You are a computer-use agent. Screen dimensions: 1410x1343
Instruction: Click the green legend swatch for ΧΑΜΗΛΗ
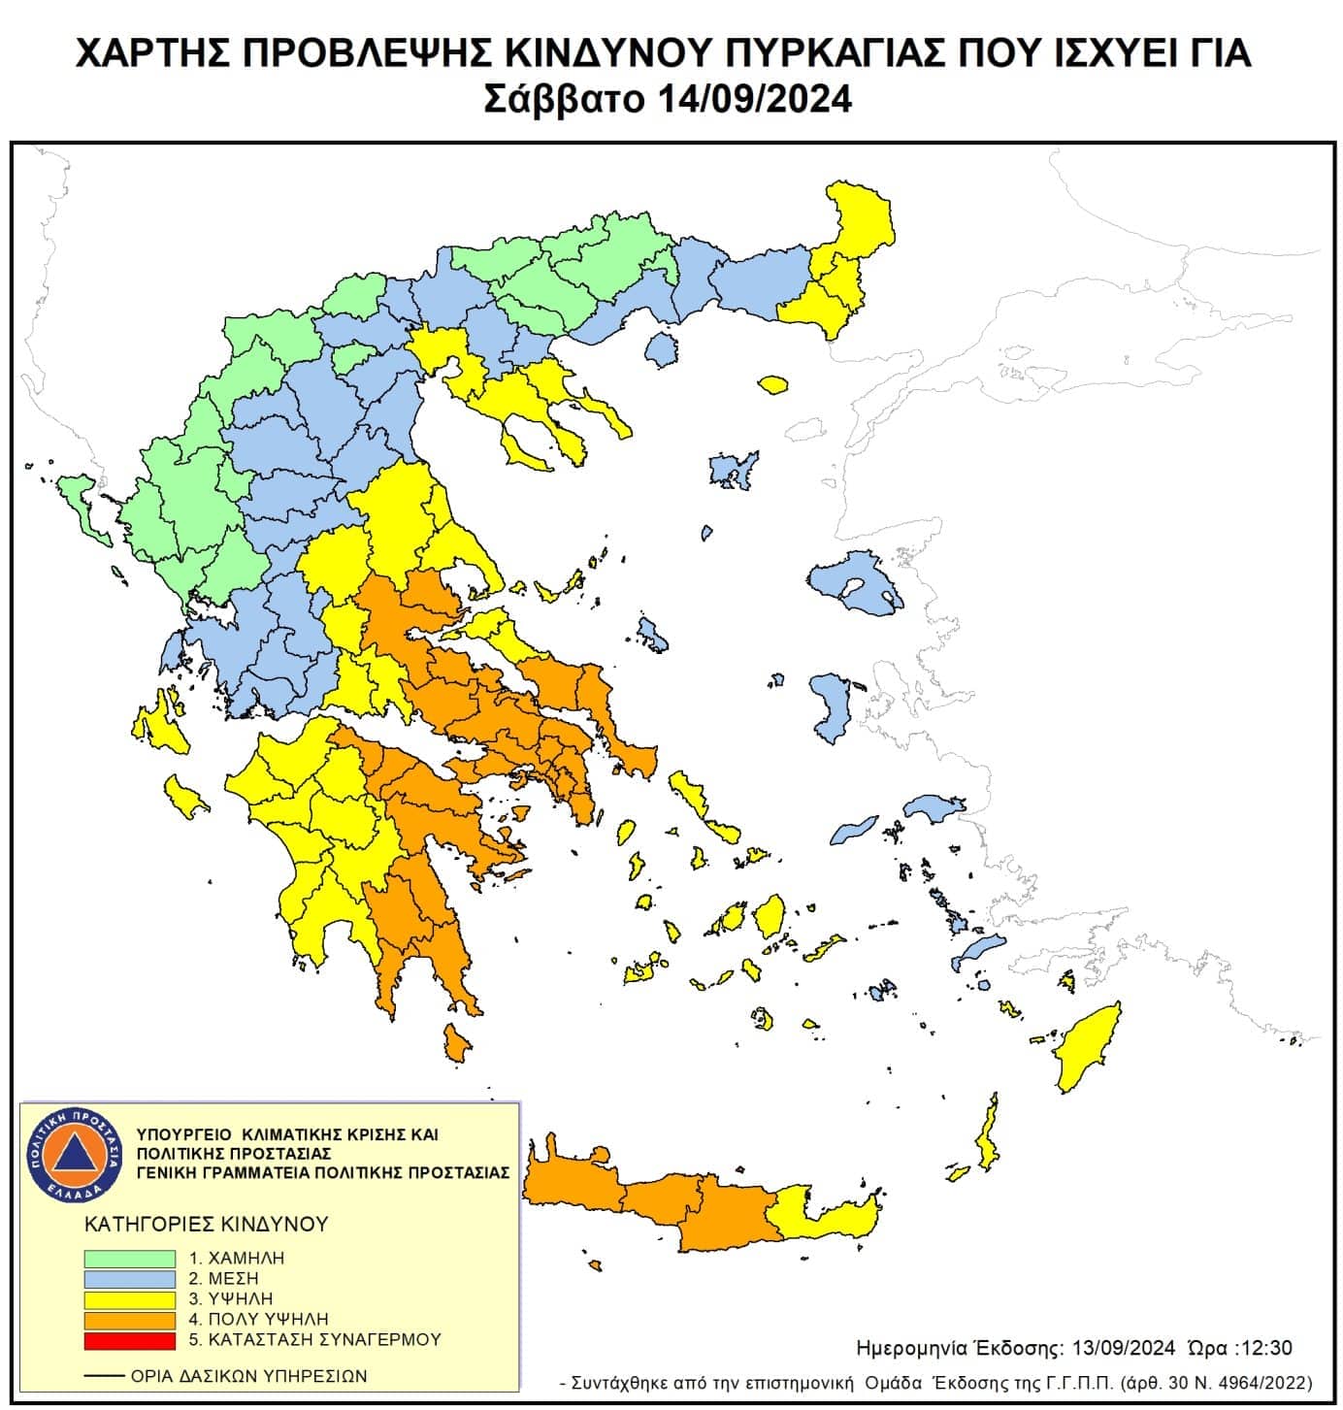129,1258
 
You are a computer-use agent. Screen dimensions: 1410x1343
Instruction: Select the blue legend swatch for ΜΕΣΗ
129,1278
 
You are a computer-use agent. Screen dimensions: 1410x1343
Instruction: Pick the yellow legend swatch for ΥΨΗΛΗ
129,1298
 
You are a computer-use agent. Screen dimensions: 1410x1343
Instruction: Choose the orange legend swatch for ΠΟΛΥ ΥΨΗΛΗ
129,1320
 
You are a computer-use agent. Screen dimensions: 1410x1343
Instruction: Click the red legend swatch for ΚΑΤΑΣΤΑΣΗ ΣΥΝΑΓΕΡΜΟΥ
129,1340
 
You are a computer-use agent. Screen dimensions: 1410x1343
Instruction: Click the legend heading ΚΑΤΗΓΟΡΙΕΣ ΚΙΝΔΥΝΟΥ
207,1224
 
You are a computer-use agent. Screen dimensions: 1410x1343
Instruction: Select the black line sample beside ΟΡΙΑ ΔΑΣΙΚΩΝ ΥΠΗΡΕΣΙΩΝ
104,1376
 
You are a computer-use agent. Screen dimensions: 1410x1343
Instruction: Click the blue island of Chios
830,705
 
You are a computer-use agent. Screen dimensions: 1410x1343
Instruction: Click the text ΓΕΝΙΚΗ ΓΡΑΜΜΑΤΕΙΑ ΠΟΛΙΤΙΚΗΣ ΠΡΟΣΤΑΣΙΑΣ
323,1172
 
